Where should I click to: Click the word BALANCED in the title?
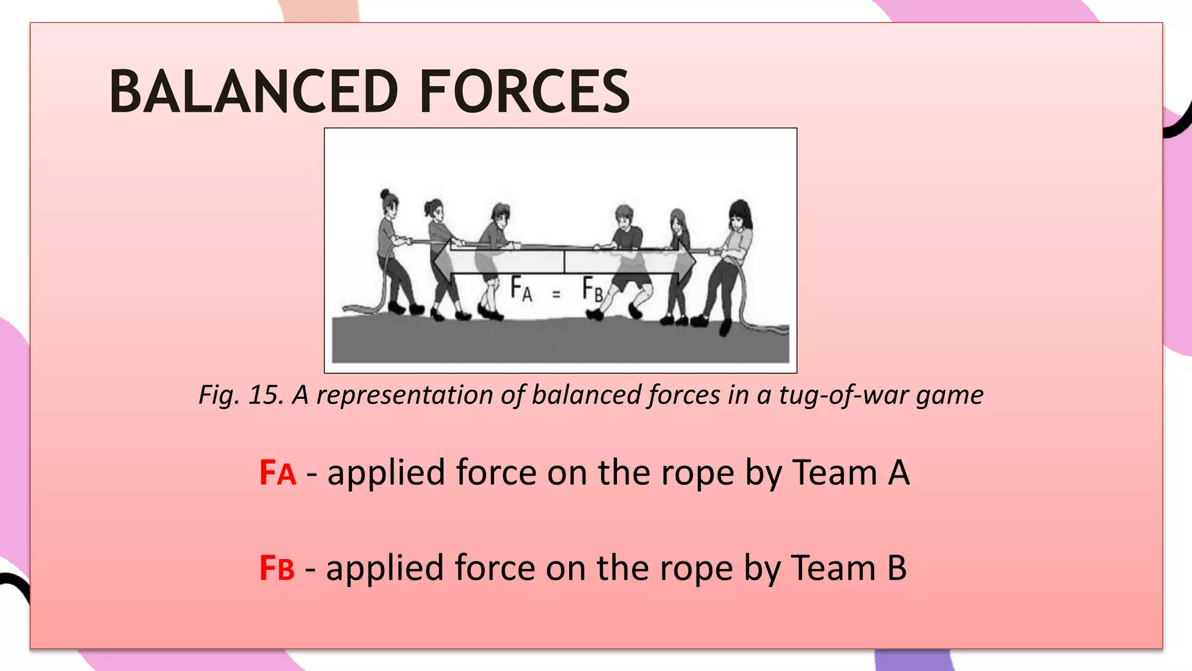(x=254, y=91)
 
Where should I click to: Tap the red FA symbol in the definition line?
(x=278, y=472)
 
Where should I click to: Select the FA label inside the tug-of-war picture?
(x=521, y=289)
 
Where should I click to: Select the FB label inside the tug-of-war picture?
(x=593, y=289)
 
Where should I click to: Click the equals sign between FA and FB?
(x=556, y=295)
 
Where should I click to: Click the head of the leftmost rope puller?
(x=389, y=202)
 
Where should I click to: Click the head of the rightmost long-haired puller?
(x=739, y=214)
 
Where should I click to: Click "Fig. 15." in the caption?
(x=241, y=395)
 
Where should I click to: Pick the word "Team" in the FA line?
(x=835, y=472)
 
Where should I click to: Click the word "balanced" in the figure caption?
(x=586, y=395)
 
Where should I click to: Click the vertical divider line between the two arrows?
(x=564, y=262)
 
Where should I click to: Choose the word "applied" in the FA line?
(x=386, y=472)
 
